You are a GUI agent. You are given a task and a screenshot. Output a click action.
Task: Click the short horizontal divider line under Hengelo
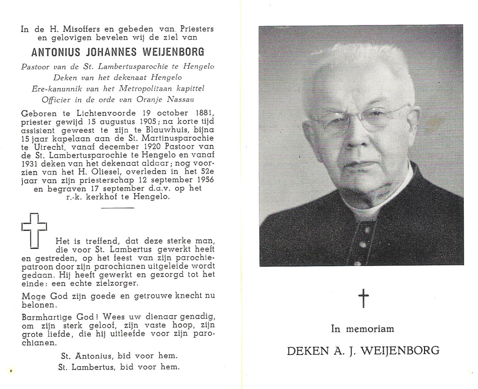(x=117, y=208)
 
